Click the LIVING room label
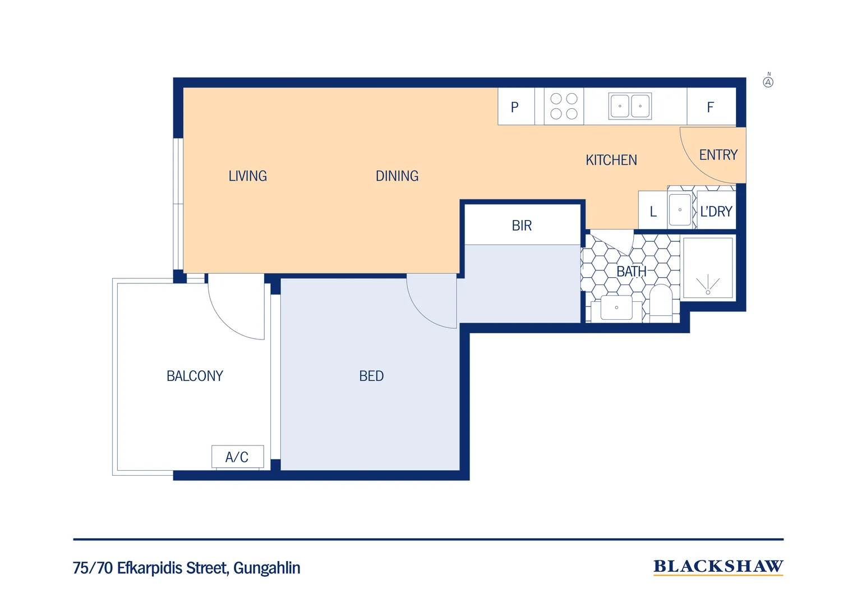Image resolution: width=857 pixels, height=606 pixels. pos(247,176)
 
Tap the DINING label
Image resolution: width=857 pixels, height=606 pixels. pos(397,176)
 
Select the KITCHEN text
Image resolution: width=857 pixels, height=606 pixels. pos(611,160)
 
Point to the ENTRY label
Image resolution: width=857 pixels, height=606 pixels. pos(718,155)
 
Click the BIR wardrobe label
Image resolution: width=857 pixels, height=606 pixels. pos(522,226)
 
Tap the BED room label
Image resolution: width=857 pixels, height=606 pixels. pos(371,376)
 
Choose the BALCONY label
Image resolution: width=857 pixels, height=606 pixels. pos(195,376)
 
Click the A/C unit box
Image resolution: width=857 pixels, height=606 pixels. pos(237,457)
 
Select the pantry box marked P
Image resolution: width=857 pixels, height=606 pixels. pos(515,107)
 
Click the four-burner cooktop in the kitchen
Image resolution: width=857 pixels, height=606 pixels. pos(564,106)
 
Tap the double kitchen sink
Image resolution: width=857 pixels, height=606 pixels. pos(630,106)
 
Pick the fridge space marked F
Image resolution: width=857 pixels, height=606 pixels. pos(711,107)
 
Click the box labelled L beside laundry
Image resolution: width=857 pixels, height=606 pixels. pos(653,212)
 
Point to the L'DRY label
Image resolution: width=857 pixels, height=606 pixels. pos(716,212)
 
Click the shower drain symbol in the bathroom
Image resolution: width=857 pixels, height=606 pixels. pos(708,291)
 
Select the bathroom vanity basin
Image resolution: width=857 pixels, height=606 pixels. pos(616,307)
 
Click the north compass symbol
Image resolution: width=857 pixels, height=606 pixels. pos(768,81)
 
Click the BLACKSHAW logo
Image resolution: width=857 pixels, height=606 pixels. pos(718,567)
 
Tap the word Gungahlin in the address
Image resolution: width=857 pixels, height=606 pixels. pos(266,568)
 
